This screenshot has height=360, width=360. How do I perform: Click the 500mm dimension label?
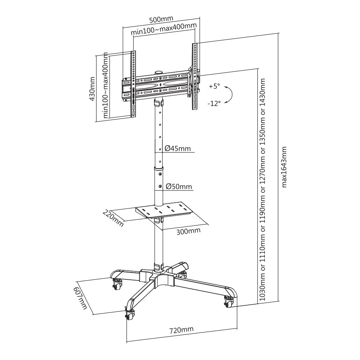(161, 20)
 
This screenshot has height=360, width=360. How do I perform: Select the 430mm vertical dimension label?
(92, 89)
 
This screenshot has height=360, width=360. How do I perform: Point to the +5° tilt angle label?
(214, 87)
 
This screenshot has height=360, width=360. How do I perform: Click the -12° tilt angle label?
(214, 104)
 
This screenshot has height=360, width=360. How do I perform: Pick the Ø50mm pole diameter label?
(179, 186)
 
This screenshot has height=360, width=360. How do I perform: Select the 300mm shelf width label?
(188, 231)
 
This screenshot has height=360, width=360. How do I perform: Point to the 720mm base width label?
(181, 330)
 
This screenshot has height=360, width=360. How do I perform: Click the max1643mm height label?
(284, 167)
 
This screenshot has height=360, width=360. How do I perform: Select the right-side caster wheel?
(229, 302)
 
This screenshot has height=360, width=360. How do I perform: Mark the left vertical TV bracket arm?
(133, 84)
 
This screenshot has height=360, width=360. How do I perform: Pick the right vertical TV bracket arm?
(195, 76)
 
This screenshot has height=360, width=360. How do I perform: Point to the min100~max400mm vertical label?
(105, 85)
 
